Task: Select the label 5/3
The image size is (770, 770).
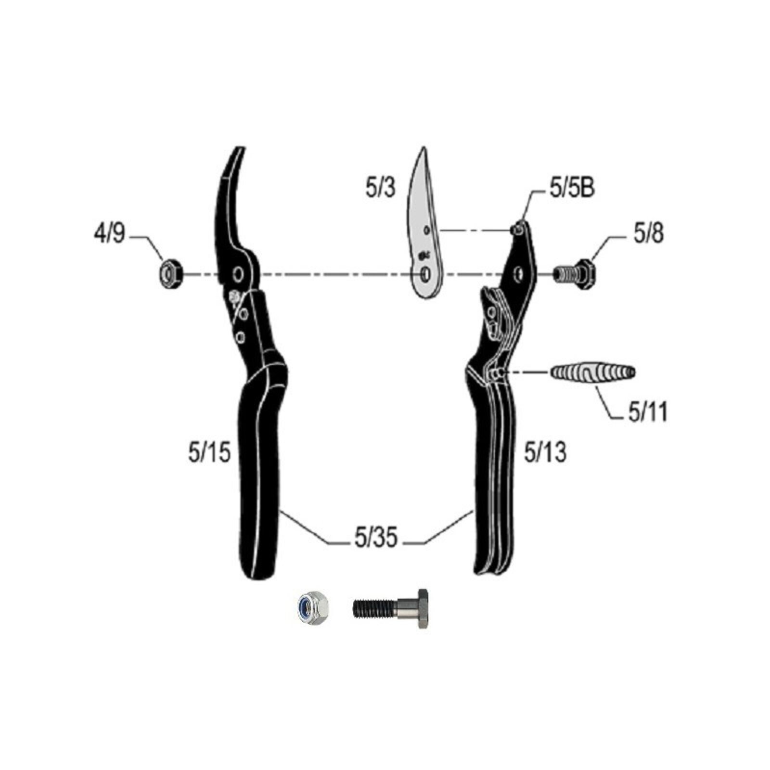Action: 381,187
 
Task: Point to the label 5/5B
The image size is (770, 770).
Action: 572,188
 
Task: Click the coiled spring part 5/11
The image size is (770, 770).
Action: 592,372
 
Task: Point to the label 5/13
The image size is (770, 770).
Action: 545,453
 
